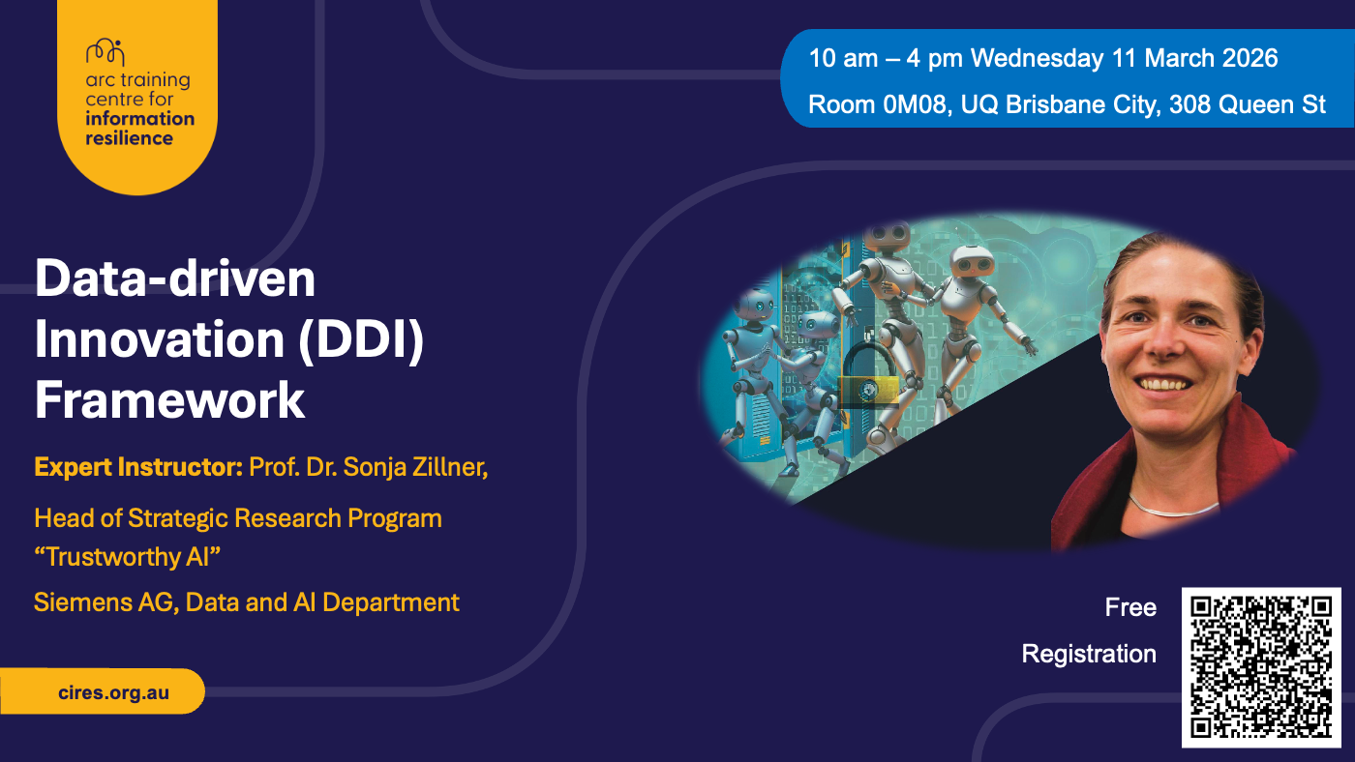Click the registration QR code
[x=1261, y=667]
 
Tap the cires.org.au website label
[x=114, y=692]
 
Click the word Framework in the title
[x=170, y=399]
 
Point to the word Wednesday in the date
[x=1038, y=59]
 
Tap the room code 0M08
[x=914, y=104]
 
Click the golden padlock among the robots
[x=868, y=374]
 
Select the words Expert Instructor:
[x=138, y=467]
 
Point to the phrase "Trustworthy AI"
[x=127, y=557]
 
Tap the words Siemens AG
[x=104, y=602]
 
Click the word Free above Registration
[x=1130, y=607]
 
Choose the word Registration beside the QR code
[x=1089, y=654]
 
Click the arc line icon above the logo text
[x=105, y=52]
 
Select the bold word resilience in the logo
[x=129, y=138]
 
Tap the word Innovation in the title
[x=160, y=339]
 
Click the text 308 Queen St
[x=1248, y=104]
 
